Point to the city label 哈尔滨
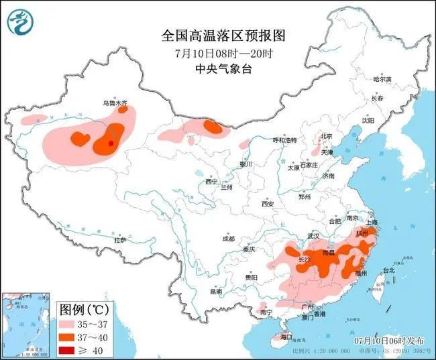(x=382, y=79)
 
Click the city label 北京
(x=326, y=136)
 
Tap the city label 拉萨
(x=120, y=240)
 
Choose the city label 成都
(x=228, y=239)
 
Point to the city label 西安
(x=268, y=203)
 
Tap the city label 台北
(x=389, y=270)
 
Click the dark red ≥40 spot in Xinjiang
(x=111, y=143)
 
